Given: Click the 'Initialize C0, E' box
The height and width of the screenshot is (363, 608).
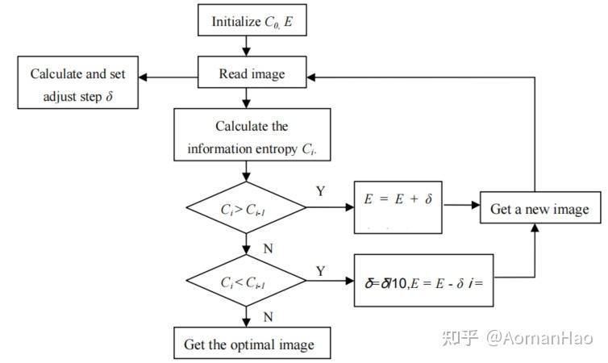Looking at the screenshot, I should coord(252,21).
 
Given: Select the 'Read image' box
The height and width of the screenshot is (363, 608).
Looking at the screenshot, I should coord(252,74).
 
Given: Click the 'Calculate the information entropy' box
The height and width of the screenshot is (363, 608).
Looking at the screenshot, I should coord(252,137).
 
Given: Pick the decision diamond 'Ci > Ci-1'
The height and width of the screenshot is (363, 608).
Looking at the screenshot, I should coord(246,209).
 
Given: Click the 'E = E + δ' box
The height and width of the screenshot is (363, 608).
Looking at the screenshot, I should coord(398,207).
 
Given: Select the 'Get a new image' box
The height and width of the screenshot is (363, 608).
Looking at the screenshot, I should coord(539,210).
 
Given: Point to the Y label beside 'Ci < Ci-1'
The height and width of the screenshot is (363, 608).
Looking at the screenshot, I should coord(320,271).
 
